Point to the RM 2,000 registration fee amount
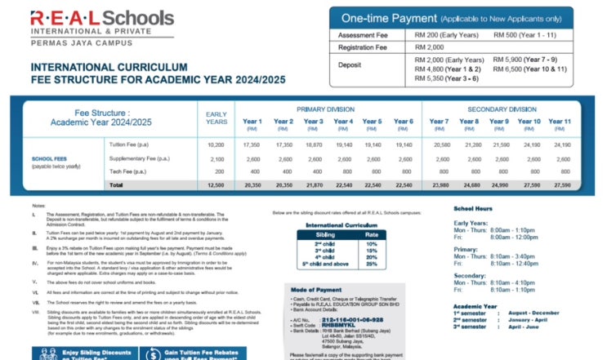[431, 48]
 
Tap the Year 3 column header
[314, 122]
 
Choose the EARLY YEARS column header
[216, 118]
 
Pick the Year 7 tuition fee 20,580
[440, 144]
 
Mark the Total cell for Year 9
[499, 185]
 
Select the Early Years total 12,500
[216, 185]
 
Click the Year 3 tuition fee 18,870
[314, 144]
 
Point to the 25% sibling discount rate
[373, 264]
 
